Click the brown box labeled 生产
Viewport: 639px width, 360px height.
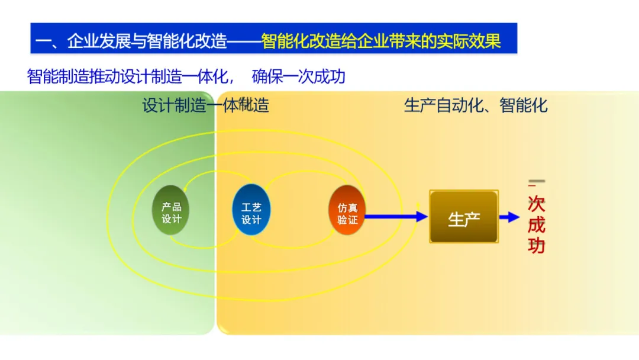pyautogui.click(x=464, y=218)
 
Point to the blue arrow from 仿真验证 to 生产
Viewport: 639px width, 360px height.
pyautogui.click(x=395, y=217)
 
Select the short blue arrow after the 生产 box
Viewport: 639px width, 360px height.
pyautogui.click(x=509, y=217)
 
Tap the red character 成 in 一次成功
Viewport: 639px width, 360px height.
pyautogui.click(x=536, y=225)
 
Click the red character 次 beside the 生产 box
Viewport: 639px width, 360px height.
pyautogui.click(x=536, y=205)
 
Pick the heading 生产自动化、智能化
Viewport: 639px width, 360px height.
pyautogui.click(x=476, y=106)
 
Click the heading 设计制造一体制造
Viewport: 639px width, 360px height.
pyautogui.click(x=205, y=106)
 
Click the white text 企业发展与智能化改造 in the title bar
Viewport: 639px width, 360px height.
pyautogui.click(x=148, y=41)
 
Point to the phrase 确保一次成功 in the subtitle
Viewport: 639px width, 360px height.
pyautogui.click(x=298, y=77)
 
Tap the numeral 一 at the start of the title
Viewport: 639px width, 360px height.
pyautogui.click(x=43, y=41)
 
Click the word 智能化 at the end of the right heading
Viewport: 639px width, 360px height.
pyautogui.click(x=524, y=106)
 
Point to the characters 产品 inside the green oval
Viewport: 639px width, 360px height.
pyautogui.click(x=171, y=207)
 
